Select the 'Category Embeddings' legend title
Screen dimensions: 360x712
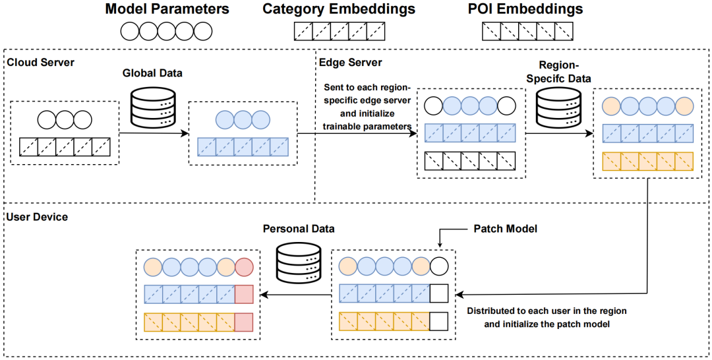pos(339,9)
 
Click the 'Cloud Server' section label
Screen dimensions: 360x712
pos(40,62)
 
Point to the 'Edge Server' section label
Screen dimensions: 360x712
pos(350,62)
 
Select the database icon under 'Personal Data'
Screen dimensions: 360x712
pos(299,262)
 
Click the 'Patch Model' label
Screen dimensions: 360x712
pos(506,229)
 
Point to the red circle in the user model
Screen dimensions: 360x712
pos(244,267)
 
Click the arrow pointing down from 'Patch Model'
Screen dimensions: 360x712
pos(440,238)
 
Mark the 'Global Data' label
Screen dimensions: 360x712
pos(152,73)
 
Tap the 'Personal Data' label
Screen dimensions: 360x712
pos(299,229)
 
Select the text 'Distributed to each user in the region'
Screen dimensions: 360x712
pos(546,310)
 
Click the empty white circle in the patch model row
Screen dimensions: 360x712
pos(438,267)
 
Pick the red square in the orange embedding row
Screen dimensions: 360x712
pos(244,322)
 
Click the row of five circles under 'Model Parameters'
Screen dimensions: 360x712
pos(166,31)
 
